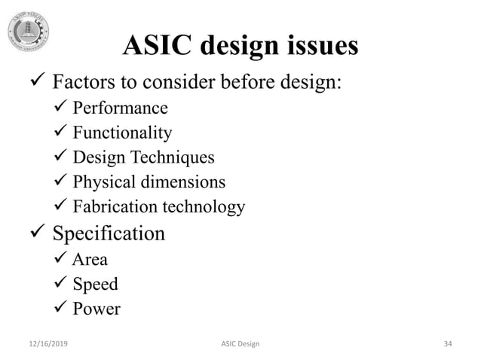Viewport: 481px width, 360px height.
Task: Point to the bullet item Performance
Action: point(120,108)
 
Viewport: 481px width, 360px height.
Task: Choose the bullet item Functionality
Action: point(122,133)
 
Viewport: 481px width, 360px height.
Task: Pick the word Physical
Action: point(103,182)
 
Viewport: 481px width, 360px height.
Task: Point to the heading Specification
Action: point(108,234)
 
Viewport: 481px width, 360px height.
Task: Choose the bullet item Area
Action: point(90,261)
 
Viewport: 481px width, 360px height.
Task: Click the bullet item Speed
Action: point(96,285)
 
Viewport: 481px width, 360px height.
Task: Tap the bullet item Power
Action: point(97,309)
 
